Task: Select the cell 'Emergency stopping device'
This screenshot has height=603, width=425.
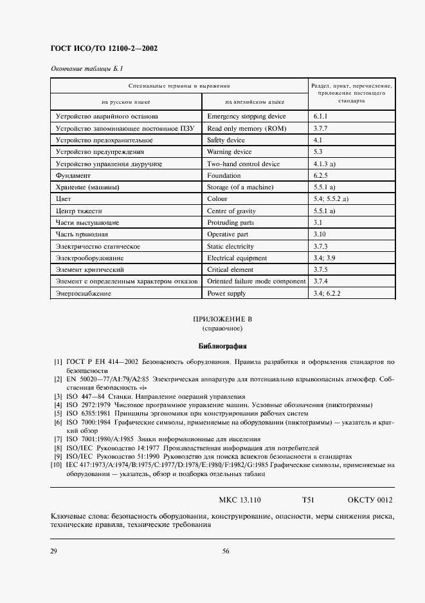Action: click(x=246, y=117)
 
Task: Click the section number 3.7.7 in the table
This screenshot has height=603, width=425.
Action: click(x=321, y=128)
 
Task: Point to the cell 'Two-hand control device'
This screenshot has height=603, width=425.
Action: click(x=243, y=164)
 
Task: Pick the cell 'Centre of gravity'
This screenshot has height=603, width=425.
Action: click(x=231, y=211)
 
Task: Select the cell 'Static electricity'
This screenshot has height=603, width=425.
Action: click(x=231, y=246)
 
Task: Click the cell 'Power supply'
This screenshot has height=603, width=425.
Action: click(x=226, y=293)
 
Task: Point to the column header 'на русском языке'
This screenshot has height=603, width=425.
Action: click(x=126, y=102)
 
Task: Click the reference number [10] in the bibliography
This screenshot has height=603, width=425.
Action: click(x=57, y=464)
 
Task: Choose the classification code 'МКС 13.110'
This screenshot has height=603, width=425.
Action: click(x=239, y=499)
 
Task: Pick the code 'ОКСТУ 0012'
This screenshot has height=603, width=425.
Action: click(x=370, y=499)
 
